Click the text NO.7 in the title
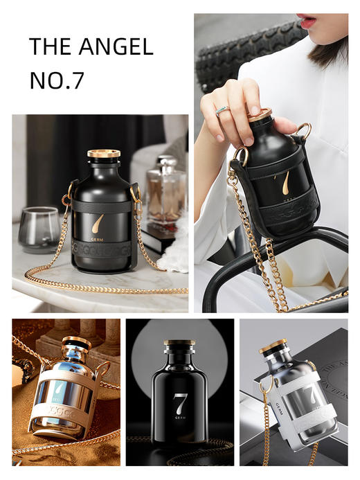[56, 80]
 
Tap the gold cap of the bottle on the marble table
[104, 154]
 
